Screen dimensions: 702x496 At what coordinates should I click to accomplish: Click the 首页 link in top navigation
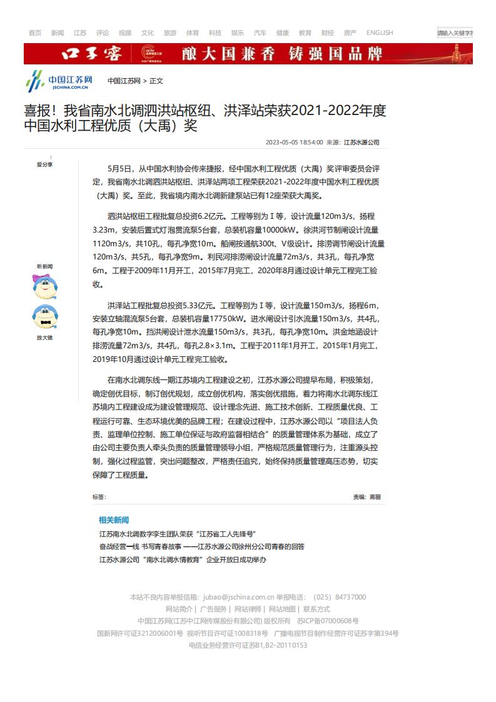35,33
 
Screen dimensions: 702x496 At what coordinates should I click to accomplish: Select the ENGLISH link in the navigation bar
380,33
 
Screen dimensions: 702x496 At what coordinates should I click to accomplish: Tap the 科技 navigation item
215,33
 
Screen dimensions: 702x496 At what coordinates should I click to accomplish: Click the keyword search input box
455,33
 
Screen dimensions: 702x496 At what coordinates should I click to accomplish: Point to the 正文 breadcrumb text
156,81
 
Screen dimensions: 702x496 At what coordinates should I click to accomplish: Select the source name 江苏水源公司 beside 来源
362,143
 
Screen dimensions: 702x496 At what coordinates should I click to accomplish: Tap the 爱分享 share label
44,164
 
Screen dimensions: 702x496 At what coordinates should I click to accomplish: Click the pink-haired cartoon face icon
45,287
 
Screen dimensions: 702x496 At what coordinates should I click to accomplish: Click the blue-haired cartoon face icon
45,316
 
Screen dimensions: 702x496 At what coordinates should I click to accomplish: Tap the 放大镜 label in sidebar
44,338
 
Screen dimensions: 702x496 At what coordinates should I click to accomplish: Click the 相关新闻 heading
114,520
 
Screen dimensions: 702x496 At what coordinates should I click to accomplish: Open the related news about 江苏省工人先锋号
177,534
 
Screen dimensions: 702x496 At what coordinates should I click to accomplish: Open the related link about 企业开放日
183,559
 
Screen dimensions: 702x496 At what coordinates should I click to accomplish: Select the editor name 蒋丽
375,497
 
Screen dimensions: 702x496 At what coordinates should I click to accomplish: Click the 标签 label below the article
99,497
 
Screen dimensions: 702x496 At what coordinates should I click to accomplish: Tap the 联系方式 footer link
316,609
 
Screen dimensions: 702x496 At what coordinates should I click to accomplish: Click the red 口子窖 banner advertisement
248,54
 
